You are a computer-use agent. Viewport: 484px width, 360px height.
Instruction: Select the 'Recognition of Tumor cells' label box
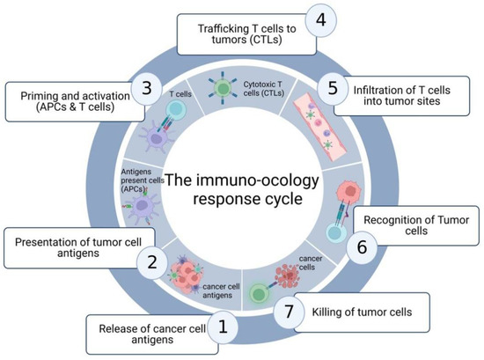(x=414, y=226)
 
